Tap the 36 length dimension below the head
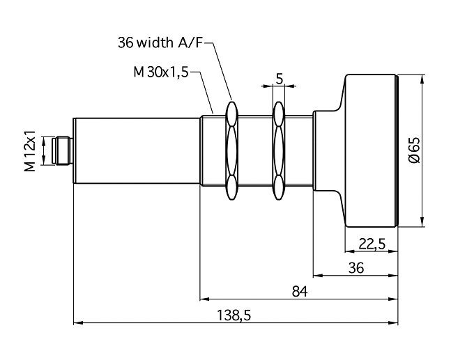pyautogui.click(x=356, y=267)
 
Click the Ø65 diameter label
pyautogui.click(x=413, y=150)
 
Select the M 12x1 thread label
pyautogui.click(x=30, y=151)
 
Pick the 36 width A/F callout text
pyautogui.click(x=161, y=43)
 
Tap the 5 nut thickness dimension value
pyautogui.click(x=279, y=78)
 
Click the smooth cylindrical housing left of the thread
pyautogui.click(x=136, y=150)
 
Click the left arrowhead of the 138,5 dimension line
pyautogui.click(x=77, y=323)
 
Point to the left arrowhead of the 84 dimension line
pyautogui.click(x=204, y=299)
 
